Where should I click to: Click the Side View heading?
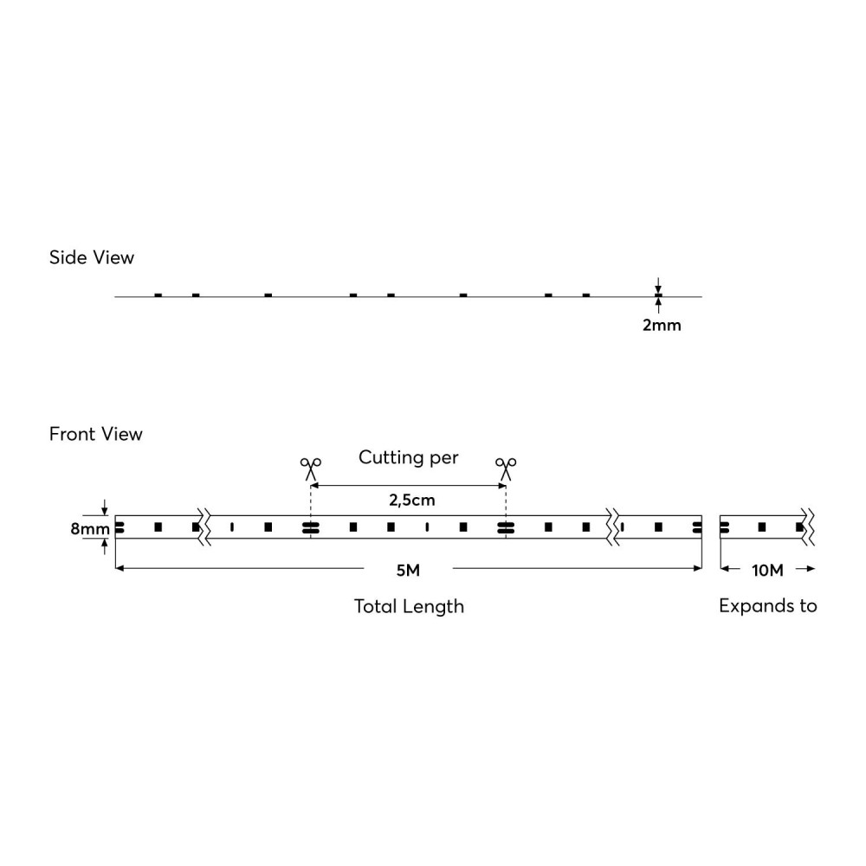click(x=92, y=257)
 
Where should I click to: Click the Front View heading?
click(x=95, y=433)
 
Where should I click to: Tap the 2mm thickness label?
click(x=662, y=326)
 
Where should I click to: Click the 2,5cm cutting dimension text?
click(x=408, y=501)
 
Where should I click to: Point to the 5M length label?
click(x=408, y=569)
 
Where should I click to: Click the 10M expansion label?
click(x=767, y=569)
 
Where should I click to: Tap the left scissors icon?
click(x=309, y=469)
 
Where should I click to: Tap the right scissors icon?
click(x=506, y=469)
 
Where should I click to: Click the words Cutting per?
click(x=408, y=456)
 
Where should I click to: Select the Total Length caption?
click(x=409, y=606)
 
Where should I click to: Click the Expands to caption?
click(x=768, y=606)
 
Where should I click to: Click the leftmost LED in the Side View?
click(x=158, y=295)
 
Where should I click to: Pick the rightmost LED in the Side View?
click(x=586, y=295)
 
